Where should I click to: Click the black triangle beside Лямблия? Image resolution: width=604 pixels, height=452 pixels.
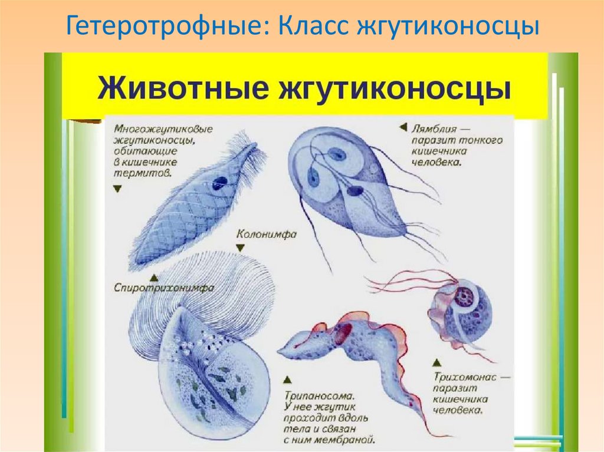(x=403, y=127)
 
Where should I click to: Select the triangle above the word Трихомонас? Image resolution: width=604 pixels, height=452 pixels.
(x=436, y=362)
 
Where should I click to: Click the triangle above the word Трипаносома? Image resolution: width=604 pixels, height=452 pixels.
(x=287, y=381)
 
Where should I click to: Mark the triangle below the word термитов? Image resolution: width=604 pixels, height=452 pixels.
(x=117, y=189)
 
